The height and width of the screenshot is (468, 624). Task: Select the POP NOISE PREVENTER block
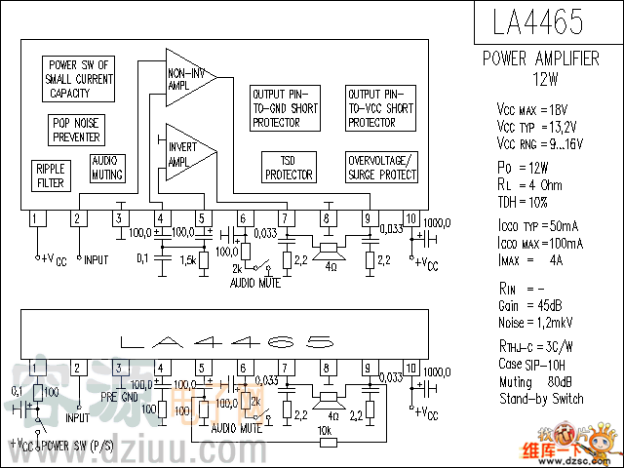click(75, 131)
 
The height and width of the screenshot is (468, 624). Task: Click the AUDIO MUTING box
click(107, 168)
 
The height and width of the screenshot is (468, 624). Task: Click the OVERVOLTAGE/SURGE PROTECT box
click(381, 168)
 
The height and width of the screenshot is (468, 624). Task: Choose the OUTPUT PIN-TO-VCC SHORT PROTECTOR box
click(381, 107)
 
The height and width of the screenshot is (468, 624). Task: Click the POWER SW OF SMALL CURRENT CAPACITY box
click(79, 79)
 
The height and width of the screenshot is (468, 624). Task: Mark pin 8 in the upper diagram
click(327, 218)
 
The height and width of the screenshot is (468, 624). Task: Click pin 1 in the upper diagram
click(36, 218)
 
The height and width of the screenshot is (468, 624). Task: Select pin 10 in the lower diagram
click(411, 369)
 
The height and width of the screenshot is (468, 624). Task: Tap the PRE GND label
click(123, 397)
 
